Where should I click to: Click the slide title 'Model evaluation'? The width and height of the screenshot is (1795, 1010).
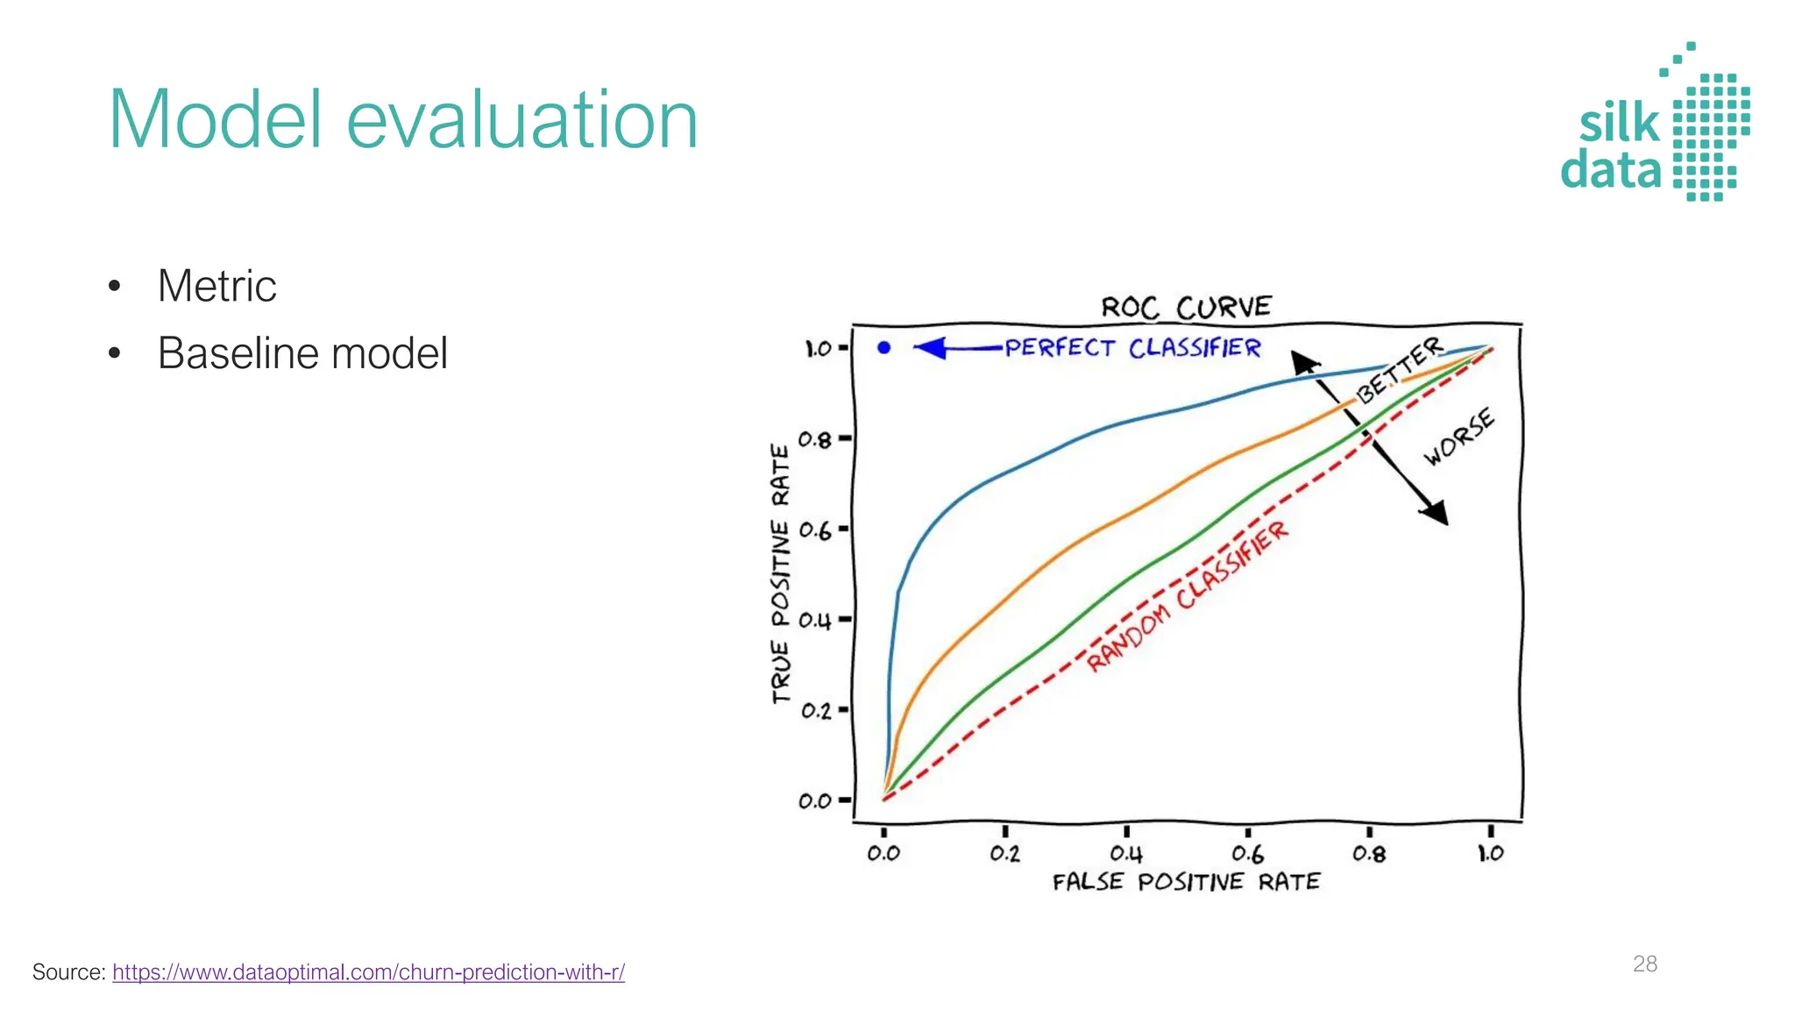click(402, 120)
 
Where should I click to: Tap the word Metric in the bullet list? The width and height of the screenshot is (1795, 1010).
click(216, 286)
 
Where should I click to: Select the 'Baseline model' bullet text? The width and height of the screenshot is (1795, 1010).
click(302, 353)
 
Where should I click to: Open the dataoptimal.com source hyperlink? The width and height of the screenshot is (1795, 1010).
click(368, 972)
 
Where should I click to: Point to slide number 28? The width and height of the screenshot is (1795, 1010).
click(1644, 964)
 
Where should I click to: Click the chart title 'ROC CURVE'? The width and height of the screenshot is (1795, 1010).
click(1186, 308)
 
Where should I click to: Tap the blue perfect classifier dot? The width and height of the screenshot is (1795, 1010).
click(883, 348)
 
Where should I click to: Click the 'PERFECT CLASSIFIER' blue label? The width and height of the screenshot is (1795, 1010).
click(1132, 348)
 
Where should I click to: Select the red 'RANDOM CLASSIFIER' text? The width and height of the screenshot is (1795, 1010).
click(1188, 595)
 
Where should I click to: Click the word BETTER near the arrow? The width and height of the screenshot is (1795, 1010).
click(1399, 370)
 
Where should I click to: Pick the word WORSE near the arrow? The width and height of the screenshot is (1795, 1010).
click(1458, 437)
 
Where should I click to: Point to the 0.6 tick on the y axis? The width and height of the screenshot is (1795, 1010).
click(814, 530)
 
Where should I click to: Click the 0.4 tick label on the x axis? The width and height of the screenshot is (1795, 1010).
click(1126, 853)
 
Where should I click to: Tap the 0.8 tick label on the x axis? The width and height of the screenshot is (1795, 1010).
click(1369, 853)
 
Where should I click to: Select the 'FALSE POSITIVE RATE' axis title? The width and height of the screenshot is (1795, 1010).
click(1186, 882)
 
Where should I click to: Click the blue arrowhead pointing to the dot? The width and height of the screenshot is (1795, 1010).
click(930, 348)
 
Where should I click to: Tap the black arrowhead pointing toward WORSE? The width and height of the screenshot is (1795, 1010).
click(1435, 513)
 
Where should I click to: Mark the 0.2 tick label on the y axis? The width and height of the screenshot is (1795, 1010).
click(815, 710)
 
